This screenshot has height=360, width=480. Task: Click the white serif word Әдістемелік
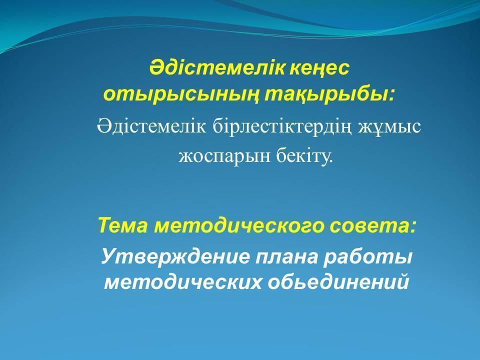click(151, 125)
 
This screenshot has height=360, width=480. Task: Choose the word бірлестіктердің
click(281, 126)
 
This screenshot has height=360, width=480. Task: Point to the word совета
click(369, 226)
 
